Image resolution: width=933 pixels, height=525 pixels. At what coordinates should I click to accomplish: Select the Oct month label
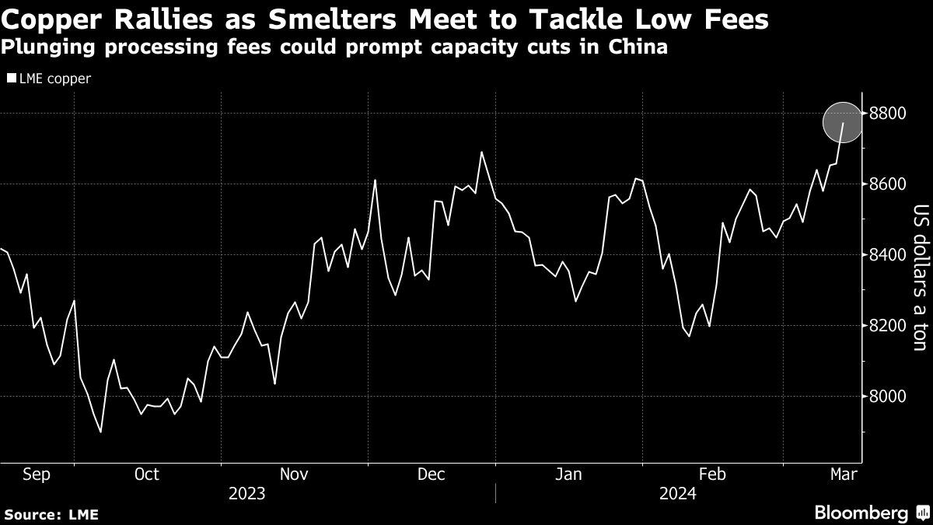coord(146,474)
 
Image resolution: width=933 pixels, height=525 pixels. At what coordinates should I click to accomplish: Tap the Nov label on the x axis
coord(294,474)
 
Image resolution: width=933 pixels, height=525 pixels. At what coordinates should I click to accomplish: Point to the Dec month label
coord(432,474)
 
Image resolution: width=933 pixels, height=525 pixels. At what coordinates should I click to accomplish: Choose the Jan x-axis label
coord(569,474)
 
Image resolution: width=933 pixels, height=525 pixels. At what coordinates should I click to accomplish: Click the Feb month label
coord(712,474)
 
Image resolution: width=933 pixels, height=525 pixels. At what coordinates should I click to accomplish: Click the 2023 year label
coord(247,493)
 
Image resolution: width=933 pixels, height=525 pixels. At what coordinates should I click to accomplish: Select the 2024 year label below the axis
coord(677,493)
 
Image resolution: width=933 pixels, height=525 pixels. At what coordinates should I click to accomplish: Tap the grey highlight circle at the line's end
coord(843,123)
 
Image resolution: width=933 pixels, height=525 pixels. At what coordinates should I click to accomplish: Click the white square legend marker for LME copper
coord(10,79)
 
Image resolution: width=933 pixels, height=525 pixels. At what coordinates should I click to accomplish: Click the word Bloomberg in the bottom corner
coord(861,513)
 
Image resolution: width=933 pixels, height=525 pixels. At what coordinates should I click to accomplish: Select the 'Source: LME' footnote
coord(51,514)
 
